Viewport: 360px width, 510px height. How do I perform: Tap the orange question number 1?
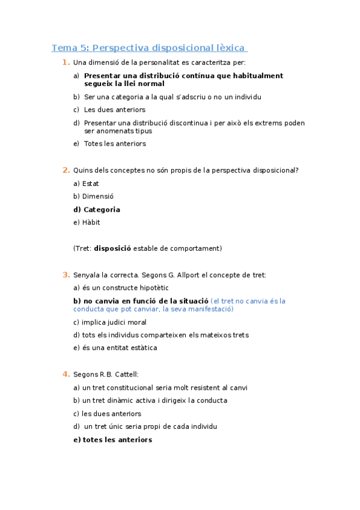tap(65, 63)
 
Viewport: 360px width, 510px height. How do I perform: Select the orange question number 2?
tap(65, 170)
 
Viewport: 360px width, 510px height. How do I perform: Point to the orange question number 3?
tap(65, 275)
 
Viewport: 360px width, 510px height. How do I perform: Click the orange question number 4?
tap(65, 374)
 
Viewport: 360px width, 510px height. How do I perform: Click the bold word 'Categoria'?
tap(102, 210)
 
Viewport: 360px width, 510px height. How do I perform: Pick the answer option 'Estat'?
tap(91, 183)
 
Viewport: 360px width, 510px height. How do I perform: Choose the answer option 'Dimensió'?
tap(98, 197)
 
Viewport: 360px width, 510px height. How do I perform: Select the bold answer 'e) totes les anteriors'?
tap(112, 440)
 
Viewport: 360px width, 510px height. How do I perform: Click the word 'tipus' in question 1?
tap(144, 131)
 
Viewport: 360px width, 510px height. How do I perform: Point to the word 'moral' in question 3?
tap(136, 322)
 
